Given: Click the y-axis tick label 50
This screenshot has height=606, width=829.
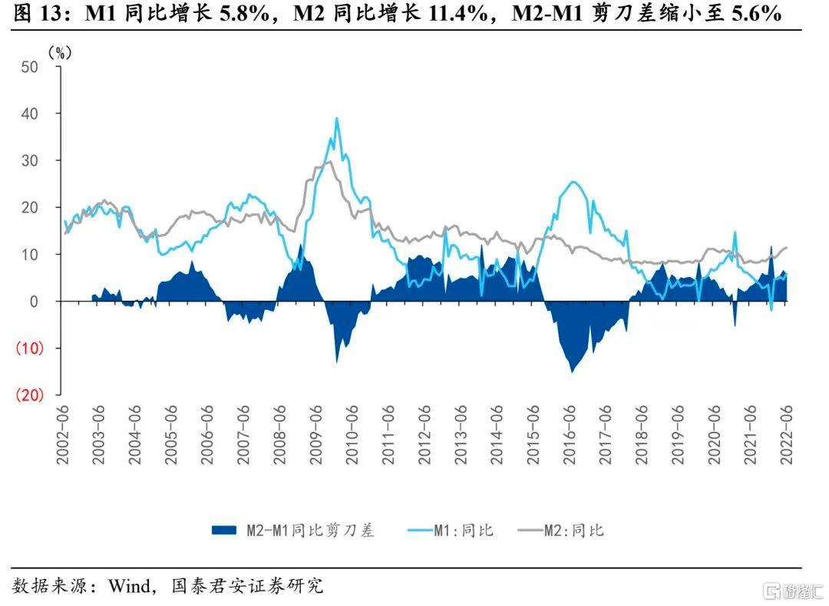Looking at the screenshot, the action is point(30,67).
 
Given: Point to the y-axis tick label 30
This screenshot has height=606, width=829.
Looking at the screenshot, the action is point(30,160).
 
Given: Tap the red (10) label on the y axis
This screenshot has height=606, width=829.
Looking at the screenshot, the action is point(30,348).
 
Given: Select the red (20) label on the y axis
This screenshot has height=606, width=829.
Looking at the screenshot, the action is point(30,394).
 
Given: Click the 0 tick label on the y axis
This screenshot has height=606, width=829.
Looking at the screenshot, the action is point(34,301).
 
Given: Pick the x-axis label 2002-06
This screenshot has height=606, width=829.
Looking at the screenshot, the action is point(63,435).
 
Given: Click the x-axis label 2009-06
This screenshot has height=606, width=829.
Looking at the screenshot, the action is point(316,435).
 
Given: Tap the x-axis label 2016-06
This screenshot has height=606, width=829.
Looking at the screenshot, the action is point(570,435).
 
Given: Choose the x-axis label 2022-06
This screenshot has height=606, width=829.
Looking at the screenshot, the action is point(787,435).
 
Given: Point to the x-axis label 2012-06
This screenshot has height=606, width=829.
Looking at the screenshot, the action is point(424,435).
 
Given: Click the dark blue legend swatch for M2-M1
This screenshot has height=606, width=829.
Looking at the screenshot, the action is point(223,530).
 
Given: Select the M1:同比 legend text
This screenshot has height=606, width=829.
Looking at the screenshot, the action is point(464,530).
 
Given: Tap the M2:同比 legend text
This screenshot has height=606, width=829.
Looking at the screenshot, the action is point(574,530).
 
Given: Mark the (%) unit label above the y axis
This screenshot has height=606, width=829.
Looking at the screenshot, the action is point(60,53).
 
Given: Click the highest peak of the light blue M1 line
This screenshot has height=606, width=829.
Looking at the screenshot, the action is point(337,118).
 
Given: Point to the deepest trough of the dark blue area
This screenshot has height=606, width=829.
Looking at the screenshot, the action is point(572,371).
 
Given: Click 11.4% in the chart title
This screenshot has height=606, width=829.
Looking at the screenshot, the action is point(457,13).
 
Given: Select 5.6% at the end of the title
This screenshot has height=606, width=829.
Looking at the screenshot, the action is point(757,13).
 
